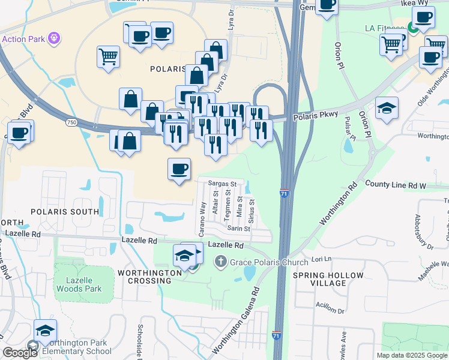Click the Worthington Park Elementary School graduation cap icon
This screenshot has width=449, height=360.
(x=45, y=331)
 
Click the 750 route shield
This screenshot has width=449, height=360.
(x=72, y=122)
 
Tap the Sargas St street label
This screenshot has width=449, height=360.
(x=223, y=184)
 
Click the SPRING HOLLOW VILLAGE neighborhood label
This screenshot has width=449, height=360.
(x=328, y=280)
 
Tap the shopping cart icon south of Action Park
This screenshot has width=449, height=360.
(x=109, y=57)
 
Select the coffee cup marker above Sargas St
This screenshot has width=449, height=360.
(x=179, y=169)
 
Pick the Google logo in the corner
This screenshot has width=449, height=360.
(x=20, y=353)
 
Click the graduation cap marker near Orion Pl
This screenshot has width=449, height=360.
(x=387, y=109)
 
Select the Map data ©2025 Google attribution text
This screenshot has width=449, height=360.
(x=412, y=355)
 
